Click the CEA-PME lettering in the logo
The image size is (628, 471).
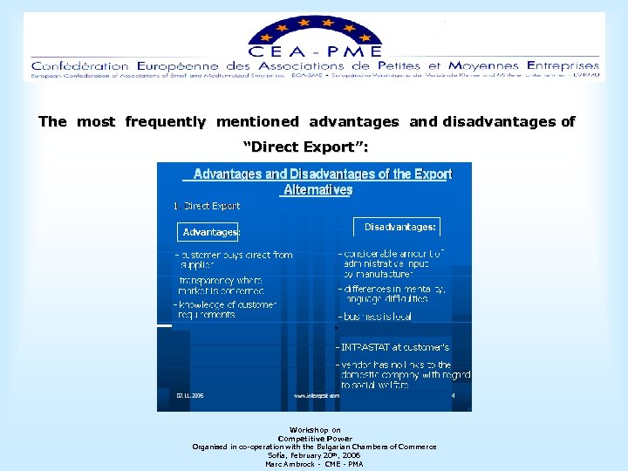tap(315, 51)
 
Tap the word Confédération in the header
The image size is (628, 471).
tap(79, 65)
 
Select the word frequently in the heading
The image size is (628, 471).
tap(166, 122)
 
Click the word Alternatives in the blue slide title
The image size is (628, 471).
tap(318, 189)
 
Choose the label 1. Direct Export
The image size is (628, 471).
tap(208, 206)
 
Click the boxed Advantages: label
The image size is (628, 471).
tap(210, 232)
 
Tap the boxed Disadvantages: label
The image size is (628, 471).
tap(400, 227)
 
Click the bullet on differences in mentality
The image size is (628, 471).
tap(394, 293)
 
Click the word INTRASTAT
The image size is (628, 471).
tap(365, 347)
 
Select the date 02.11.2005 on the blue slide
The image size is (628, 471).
tap(190, 395)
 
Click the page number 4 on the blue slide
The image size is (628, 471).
tap(454, 395)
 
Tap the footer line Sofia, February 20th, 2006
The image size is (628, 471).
tap(314, 455)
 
